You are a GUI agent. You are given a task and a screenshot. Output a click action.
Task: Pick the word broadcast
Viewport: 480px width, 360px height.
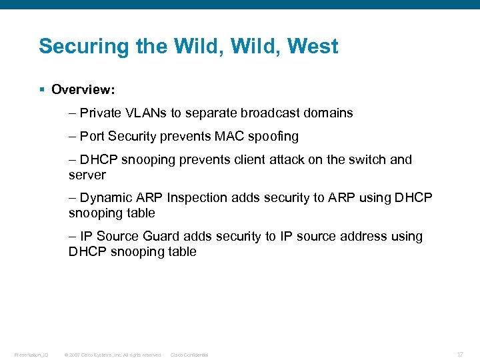[x=271, y=113]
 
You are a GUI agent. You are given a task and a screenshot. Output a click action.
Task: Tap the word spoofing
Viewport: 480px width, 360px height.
[x=273, y=137]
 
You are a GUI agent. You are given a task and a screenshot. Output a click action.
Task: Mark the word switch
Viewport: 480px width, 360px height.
[x=369, y=160]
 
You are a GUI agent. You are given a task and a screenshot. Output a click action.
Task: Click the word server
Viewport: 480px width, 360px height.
[x=87, y=175]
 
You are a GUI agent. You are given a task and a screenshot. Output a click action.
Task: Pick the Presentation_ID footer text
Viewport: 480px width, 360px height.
[x=31, y=355]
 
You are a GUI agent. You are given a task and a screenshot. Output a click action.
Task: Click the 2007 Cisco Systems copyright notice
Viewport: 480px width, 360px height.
[x=113, y=355]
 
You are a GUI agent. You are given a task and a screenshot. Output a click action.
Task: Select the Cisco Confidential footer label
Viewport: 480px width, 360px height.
[x=189, y=355]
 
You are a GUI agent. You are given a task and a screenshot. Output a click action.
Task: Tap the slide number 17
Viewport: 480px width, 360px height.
[x=461, y=354]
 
